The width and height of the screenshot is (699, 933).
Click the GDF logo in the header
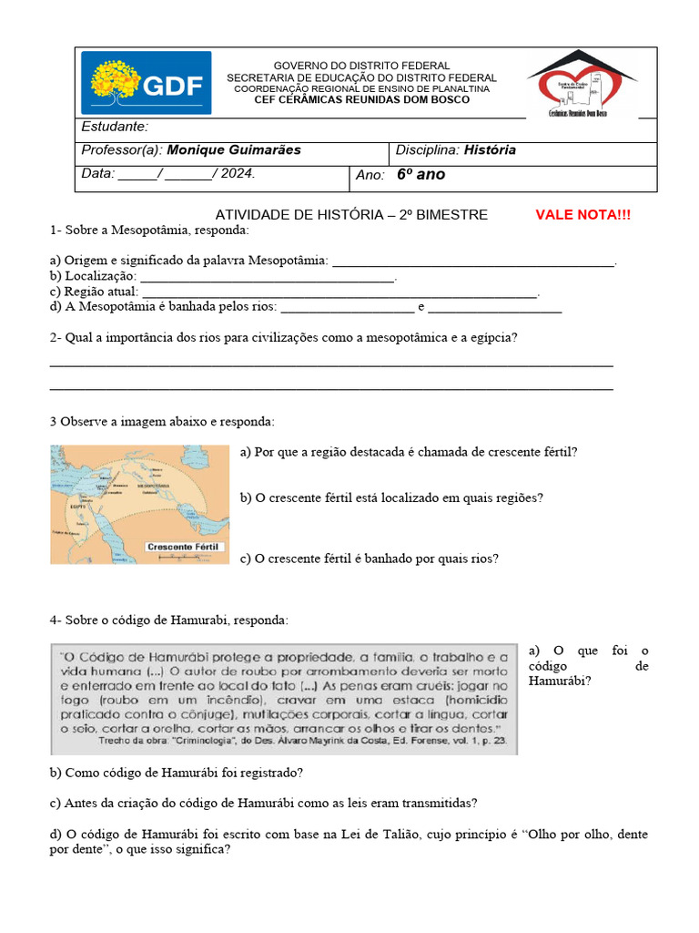tap(146, 83)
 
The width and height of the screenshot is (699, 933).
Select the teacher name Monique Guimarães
tap(234, 150)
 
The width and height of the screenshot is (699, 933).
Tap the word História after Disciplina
tap(490, 150)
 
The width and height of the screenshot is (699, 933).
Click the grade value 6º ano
tap(421, 174)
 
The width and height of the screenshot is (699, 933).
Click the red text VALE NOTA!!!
tap(582, 215)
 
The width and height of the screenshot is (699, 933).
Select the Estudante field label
tap(115, 127)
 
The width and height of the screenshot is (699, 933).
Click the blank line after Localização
tap(268, 276)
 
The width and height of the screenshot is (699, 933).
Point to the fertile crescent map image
tap(139, 504)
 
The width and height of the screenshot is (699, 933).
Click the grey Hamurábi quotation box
tap(283, 699)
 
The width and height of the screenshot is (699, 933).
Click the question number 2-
tap(55, 338)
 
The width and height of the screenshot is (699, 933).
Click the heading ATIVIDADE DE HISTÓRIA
tap(350, 215)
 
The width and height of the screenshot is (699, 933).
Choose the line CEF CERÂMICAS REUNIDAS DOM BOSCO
tap(361, 99)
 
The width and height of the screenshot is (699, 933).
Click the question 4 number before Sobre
tap(55, 620)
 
